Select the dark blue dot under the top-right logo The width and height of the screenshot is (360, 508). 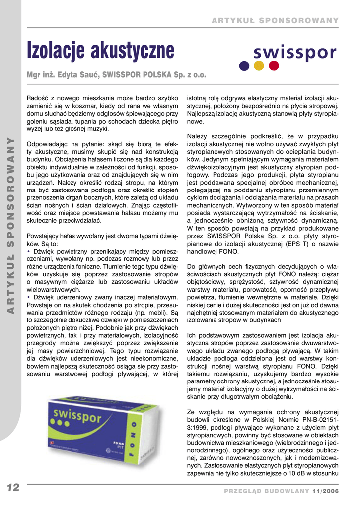click(x=244, y=65)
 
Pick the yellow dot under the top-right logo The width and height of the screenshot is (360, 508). click(x=259, y=65)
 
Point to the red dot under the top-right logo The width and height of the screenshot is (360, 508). click(x=274, y=65)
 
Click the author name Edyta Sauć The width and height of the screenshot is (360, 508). click(x=80, y=75)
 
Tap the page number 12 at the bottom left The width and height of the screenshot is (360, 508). click(x=13, y=488)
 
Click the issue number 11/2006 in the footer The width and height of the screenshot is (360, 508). click(x=325, y=491)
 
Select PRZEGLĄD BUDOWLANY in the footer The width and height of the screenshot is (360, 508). click(x=267, y=491)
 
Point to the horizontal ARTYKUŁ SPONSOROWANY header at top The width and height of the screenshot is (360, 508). click(x=275, y=20)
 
